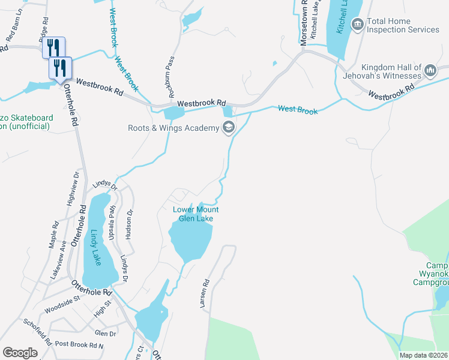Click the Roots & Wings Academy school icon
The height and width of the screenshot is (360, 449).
228,127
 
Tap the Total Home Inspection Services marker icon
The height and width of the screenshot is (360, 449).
358,25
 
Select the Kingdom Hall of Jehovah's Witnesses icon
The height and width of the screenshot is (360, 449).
430,71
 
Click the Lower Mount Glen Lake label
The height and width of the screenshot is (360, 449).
196,214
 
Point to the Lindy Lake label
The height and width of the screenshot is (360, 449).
97,247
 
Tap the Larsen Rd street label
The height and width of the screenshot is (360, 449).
204,294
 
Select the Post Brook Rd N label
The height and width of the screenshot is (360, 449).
79,346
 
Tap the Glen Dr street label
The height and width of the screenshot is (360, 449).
105,333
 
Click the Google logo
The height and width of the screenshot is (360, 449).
20,353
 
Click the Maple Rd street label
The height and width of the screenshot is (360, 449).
55,235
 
